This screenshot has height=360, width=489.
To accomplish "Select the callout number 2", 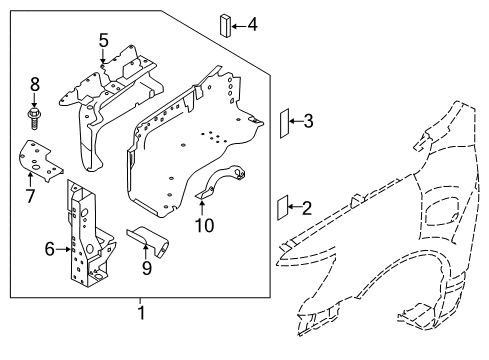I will tap(306, 208).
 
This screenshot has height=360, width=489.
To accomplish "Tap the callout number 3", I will tap(308, 122).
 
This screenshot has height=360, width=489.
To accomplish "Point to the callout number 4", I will tap(252, 22).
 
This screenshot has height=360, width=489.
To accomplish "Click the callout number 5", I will tap(103, 40).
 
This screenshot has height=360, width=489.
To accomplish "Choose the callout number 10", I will tap(204, 225).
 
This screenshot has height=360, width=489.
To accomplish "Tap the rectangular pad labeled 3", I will tap(284, 122).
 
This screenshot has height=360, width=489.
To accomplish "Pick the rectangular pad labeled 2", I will tap(283, 208).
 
